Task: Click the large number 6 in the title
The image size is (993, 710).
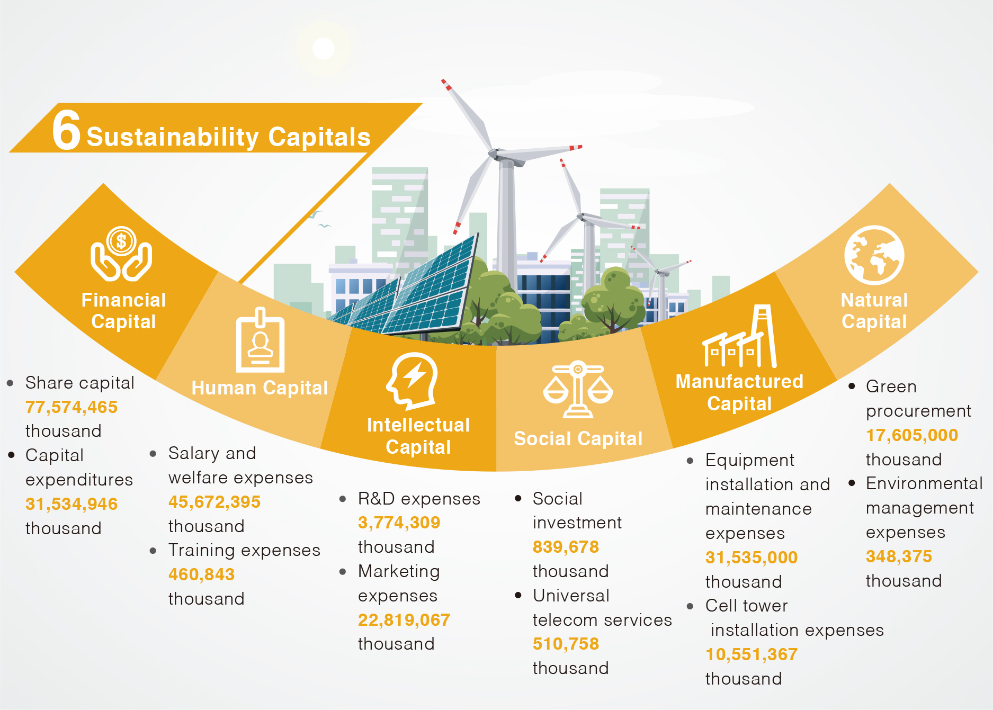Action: click(x=66, y=130)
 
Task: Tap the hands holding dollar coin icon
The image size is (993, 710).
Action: click(x=121, y=254)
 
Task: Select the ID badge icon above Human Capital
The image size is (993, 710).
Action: click(x=260, y=340)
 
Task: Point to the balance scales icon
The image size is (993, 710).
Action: click(x=578, y=390)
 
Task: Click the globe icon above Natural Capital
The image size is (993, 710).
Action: click(x=874, y=255)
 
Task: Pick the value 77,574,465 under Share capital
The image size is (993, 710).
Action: click(x=71, y=407)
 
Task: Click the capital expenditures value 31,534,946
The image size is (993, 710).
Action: click(x=71, y=504)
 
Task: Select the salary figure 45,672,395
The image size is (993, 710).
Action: click(x=214, y=501)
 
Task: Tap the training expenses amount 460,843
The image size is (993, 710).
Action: click(x=201, y=574)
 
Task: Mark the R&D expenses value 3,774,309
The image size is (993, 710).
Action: click(x=399, y=523)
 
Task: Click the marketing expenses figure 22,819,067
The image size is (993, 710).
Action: click(x=404, y=619)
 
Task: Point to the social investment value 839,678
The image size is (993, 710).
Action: click(x=566, y=546)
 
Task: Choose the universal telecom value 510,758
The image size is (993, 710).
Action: click(x=566, y=643)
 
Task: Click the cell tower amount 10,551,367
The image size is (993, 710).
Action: click(x=752, y=654)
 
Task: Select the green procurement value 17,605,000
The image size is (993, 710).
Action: click(x=912, y=435)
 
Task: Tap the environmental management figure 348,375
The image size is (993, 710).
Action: click(x=899, y=556)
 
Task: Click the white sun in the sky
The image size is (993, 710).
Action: click(x=324, y=49)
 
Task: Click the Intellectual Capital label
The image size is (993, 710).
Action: click(x=418, y=436)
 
